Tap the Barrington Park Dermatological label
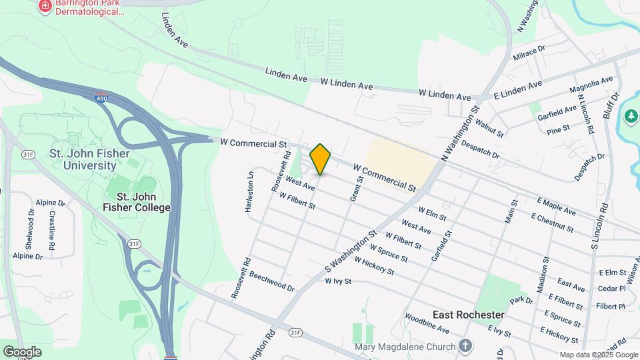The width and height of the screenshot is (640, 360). [x=89, y=7]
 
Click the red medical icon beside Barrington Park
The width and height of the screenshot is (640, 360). [x=45, y=6]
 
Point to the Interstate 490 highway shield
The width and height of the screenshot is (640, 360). [x=100, y=97]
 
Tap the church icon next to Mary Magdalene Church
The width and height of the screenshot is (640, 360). [x=465, y=346]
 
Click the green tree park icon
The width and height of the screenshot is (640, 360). [x=631, y=117]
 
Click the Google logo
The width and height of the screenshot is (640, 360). [x=22, y=351]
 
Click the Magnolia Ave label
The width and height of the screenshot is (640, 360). [x=591, y=85]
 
